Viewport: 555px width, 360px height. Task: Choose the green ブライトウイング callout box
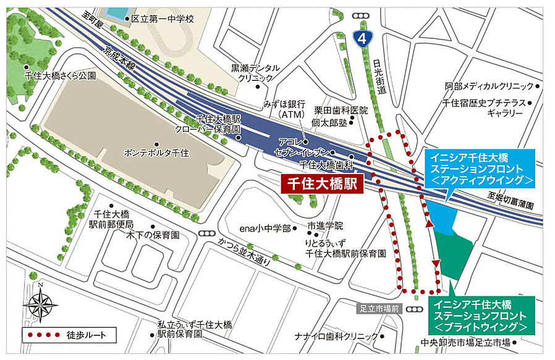481,314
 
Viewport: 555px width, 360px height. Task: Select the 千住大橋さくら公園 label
61,75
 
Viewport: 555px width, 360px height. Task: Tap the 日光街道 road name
380,77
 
